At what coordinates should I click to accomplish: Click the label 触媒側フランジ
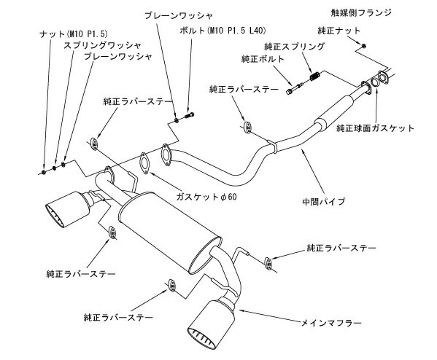(x=361, y=13)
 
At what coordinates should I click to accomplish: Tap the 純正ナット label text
(x=339, y=31)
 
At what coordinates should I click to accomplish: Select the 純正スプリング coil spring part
(x=315, y=76)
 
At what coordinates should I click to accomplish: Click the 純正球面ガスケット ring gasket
(x=374, y=82)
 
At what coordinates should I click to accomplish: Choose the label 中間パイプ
(x=324, y=201)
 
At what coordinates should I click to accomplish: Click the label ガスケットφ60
(x=206, y=197)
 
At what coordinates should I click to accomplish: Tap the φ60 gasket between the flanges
(x=144, y=163)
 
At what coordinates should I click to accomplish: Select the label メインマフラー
(x=331, y=323)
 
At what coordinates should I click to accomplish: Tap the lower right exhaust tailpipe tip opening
(x=201, y=339)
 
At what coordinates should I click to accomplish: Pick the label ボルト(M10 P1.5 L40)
(x=223, y=31)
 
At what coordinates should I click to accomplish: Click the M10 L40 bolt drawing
(x=189, y=115)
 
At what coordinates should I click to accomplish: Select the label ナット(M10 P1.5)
(x=73, y=34)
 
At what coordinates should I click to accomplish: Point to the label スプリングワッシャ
(x=102, y=45)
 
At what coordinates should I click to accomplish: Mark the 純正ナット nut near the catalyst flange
(x=364, y=46)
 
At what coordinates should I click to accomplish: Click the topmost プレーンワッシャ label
(x=179, y=15)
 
